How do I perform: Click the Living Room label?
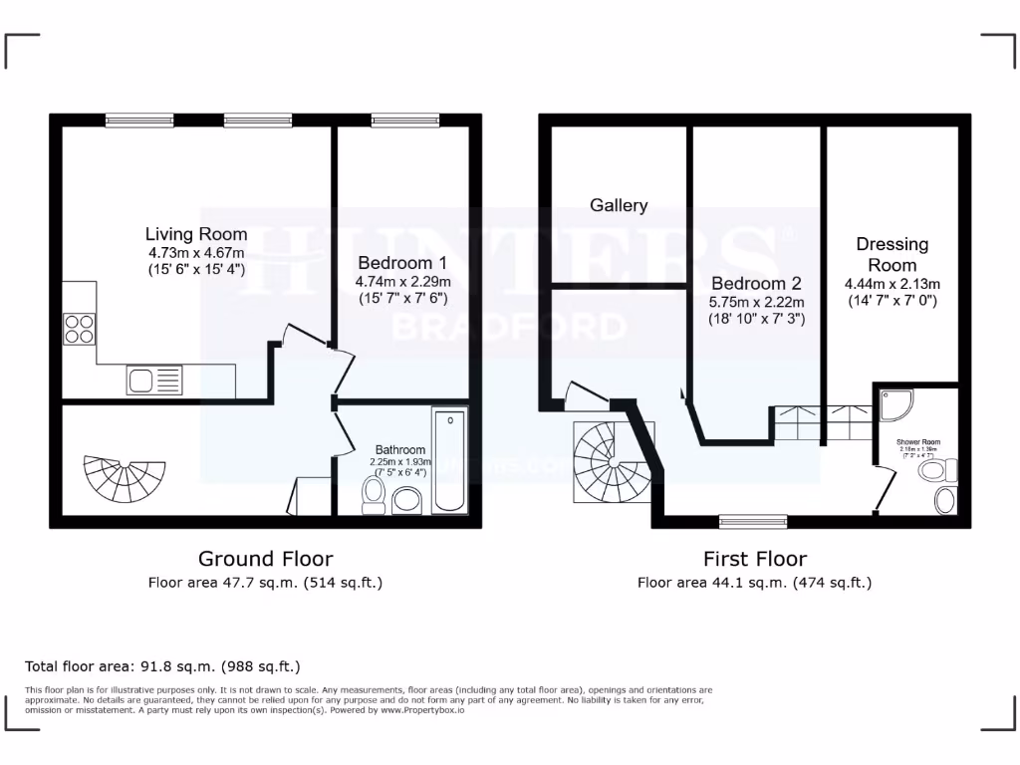pos(196,234)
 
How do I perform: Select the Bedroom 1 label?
pos(402,264)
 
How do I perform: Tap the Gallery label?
pos(619,205)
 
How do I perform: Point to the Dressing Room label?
pos(892,254)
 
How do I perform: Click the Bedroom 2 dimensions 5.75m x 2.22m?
pos(757,302)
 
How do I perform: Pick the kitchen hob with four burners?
pos(79,328)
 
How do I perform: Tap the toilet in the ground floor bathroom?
pos(375,494)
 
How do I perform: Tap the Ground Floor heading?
pos(265,559)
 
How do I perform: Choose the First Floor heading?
pos(754,559)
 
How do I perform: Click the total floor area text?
pos(162,666)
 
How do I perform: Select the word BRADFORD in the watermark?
pos(509,327)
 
